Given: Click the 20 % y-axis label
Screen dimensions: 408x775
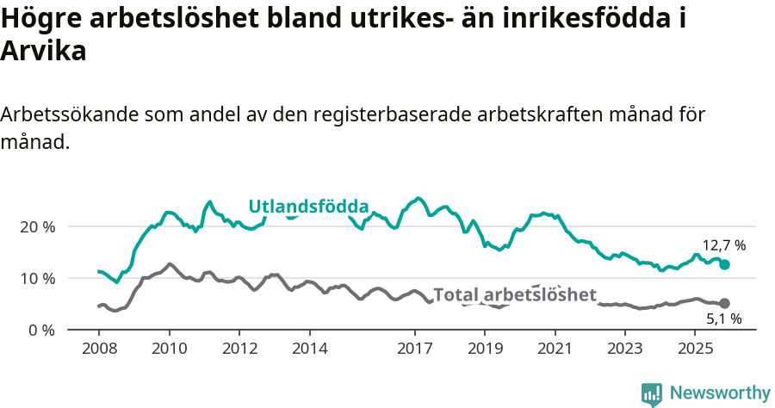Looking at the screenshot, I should [37, 226].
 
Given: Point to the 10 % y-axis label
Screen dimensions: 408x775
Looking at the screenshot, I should [37, 278].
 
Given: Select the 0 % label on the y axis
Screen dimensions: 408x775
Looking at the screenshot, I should [41, 330].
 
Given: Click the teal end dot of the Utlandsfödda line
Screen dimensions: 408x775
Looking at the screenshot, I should [724, 265].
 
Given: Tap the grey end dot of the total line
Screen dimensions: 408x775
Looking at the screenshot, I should [724, 303].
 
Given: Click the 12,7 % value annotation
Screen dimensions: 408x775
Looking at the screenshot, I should [723, 245].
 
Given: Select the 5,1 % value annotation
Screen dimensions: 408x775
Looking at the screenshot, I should [723, 319].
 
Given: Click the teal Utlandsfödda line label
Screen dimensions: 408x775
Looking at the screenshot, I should [308, 207].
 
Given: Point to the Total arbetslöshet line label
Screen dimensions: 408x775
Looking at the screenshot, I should [514, 295].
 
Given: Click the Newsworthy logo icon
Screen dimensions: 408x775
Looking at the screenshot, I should [652, 393].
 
